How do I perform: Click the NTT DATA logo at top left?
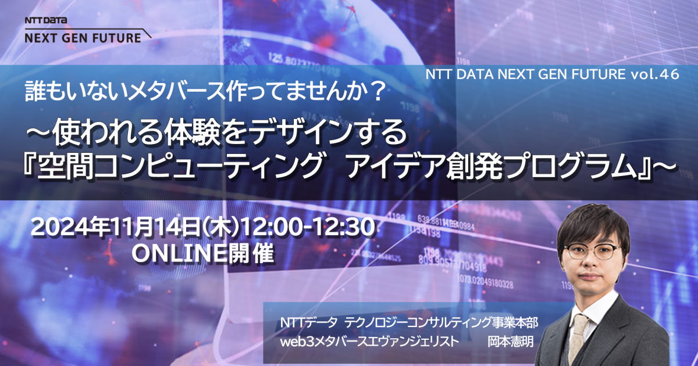(46, 20)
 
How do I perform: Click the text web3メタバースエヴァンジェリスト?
(367, 340)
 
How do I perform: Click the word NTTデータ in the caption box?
(306, 321)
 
